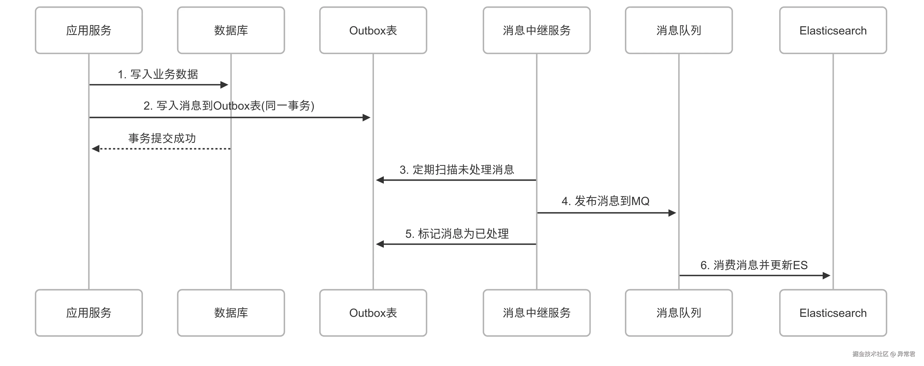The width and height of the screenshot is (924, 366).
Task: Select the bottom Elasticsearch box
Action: (x=833, y=313)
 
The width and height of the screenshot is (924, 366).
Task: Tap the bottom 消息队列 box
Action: (x=679, y=313)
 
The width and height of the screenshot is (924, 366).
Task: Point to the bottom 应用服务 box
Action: (x=89, y=313)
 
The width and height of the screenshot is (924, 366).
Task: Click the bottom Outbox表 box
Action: (x=373, y=313)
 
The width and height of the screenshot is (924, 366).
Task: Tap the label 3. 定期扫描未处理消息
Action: (x=457, y=170)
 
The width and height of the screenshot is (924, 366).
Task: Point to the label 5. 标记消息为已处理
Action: (x=457, y=234)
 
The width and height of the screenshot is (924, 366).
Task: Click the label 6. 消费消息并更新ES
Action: (x=754, y=265)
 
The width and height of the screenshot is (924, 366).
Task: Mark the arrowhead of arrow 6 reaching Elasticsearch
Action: (x=827, y=275)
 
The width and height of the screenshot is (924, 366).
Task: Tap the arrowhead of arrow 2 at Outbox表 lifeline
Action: (x=366, y=117)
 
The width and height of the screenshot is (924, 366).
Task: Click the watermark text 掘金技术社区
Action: (x=870, y=354)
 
